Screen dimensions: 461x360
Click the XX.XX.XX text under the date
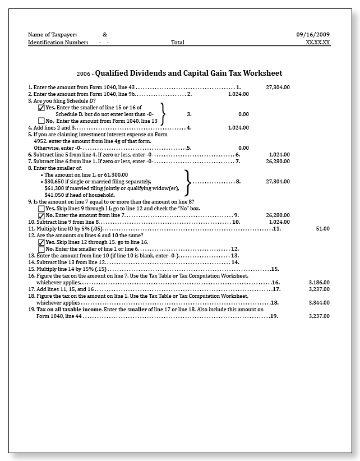[318, 42]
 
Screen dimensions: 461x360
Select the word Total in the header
[178, 42]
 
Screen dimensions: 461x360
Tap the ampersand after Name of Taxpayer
[105, 34]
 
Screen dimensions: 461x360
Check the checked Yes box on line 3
[41, 108]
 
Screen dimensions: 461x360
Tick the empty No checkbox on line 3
[41, 121]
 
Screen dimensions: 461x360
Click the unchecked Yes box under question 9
[41, 208]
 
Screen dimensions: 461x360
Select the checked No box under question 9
[41, 215]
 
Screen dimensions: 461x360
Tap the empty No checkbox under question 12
[41, 249]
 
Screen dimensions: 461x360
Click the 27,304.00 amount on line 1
[278, 87]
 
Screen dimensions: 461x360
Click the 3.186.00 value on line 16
[319, 283]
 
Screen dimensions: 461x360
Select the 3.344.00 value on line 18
[319, 303]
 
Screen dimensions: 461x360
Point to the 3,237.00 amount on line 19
[319, 316]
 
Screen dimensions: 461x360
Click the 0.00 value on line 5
[243, 148]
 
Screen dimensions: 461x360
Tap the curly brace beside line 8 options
[188, 182]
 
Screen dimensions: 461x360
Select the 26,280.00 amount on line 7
[278, 162]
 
